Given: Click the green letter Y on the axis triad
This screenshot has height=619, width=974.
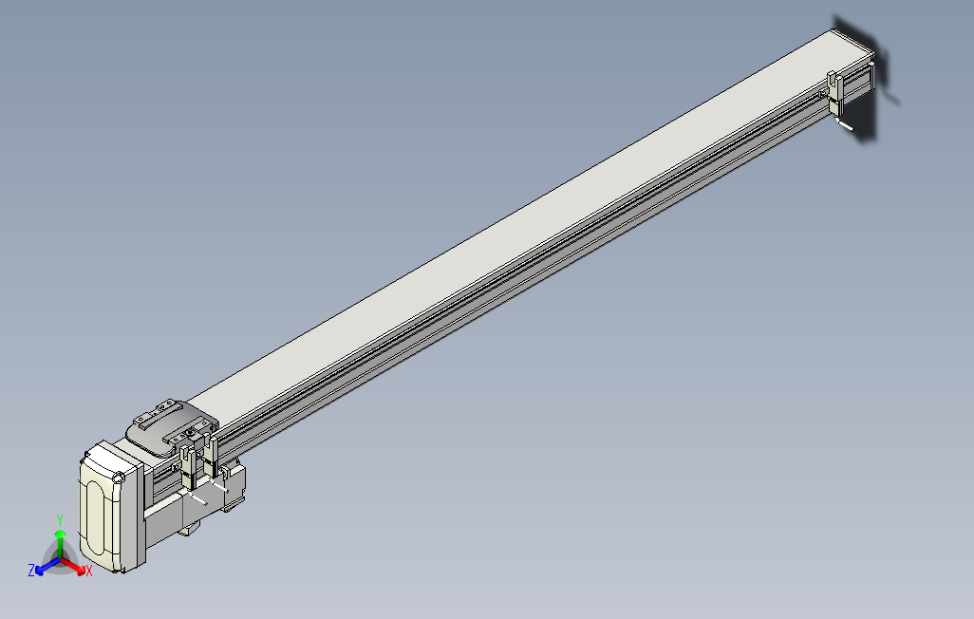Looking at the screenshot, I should (x=59, y=519).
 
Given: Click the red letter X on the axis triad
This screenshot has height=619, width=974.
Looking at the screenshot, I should (x=88, y=571).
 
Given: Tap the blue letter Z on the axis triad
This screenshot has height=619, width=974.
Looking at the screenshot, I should (x=31, y=570).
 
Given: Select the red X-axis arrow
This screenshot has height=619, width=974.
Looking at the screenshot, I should (x=76, y=566).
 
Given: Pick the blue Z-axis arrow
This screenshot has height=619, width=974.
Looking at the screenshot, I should (x=43, y=567).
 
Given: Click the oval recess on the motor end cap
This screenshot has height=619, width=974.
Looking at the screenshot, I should (x=98, y=512).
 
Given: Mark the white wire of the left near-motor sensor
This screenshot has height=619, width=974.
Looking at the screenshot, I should (x=197, y=497).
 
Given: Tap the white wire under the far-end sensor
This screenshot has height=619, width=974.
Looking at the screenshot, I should (x=844, y=123).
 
